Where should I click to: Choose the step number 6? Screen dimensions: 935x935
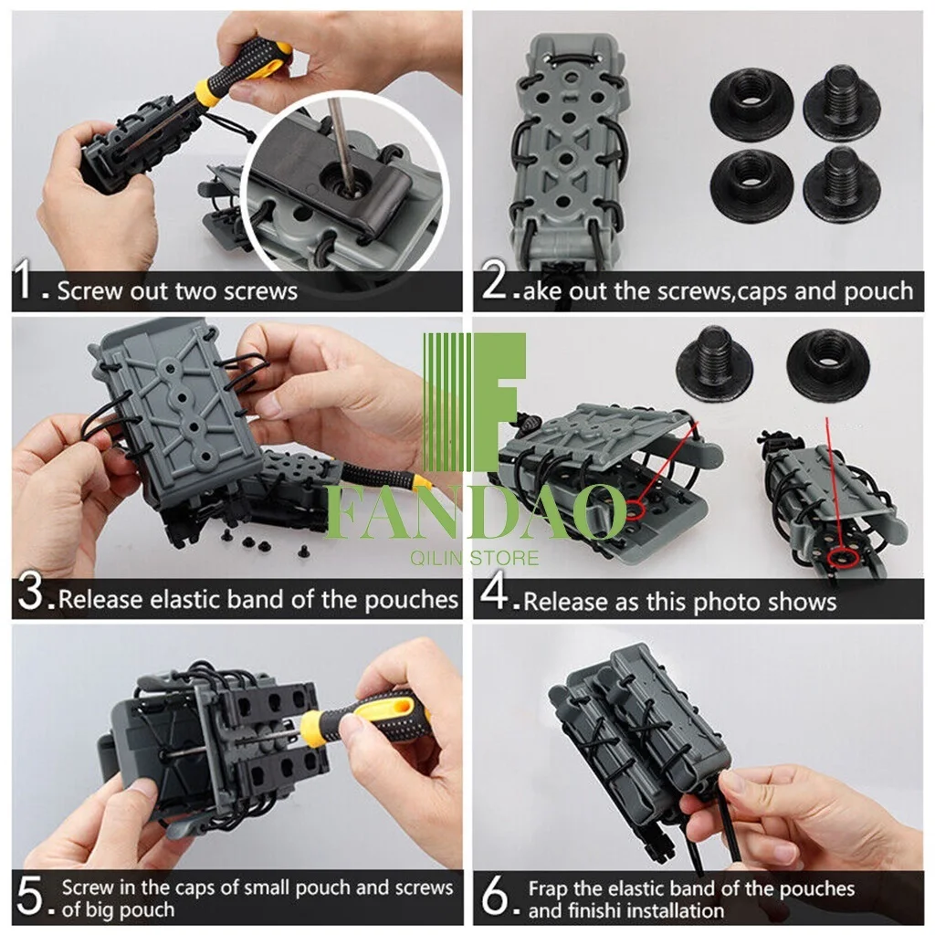[x=494, y=896]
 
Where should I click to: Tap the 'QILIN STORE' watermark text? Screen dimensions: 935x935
[x=474, y=558]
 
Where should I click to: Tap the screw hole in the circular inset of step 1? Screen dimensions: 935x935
[x=344, y=179]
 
